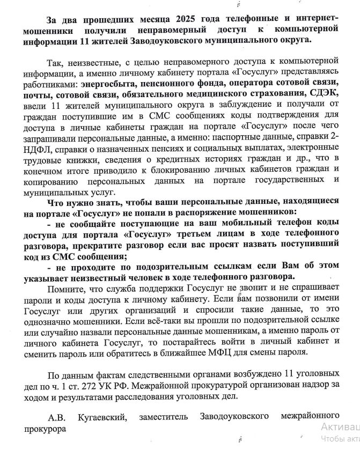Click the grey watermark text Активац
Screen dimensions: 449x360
pos(339,426)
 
